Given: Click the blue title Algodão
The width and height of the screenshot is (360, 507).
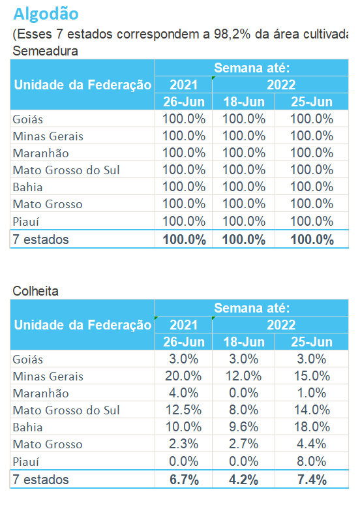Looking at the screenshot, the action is [x=46, y=14].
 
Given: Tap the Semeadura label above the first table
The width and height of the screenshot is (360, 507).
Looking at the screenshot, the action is [x=45, y=51].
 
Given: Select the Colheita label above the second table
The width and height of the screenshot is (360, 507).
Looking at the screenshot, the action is [x=36, y=291].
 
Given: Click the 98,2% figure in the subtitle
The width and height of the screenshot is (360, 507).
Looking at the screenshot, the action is [x=232, y=35].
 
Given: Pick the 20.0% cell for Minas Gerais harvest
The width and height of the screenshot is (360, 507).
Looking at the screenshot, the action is [x=183, y=376].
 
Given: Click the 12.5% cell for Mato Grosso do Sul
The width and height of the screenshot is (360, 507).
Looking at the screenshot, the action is [x=183, y=410].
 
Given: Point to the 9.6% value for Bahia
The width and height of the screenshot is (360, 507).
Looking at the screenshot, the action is [x=244, y=427].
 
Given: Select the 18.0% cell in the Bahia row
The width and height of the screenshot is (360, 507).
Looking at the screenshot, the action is [x=312, y=427].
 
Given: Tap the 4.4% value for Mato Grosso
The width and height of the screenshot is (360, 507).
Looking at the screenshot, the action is [x=312, y=444].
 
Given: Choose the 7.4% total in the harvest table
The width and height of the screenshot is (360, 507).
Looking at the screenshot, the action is [x=312, y=480].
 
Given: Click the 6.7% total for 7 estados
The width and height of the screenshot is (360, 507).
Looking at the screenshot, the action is [x=184, y=480].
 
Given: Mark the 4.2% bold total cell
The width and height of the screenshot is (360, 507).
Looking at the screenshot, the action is [x=244, y=480].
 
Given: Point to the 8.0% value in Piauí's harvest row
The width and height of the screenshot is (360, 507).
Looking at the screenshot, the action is [x=312, y=461].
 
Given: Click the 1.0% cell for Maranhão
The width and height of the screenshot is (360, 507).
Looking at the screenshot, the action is [x=312, y=393].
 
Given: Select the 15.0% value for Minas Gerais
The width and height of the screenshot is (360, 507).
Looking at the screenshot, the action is [x=312, y=376].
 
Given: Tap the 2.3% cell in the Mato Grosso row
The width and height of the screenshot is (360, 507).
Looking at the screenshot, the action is [x=183, y=444].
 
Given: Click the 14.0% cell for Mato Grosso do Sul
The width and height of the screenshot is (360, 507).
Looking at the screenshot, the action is [x=312, y=410].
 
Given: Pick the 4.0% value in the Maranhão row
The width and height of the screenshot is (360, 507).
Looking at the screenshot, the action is [x=183, y=393].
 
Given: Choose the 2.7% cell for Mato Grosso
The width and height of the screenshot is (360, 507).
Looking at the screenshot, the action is [x=244, y=444].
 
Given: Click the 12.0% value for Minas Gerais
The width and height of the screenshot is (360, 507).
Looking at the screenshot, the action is [x=244, y=376].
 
